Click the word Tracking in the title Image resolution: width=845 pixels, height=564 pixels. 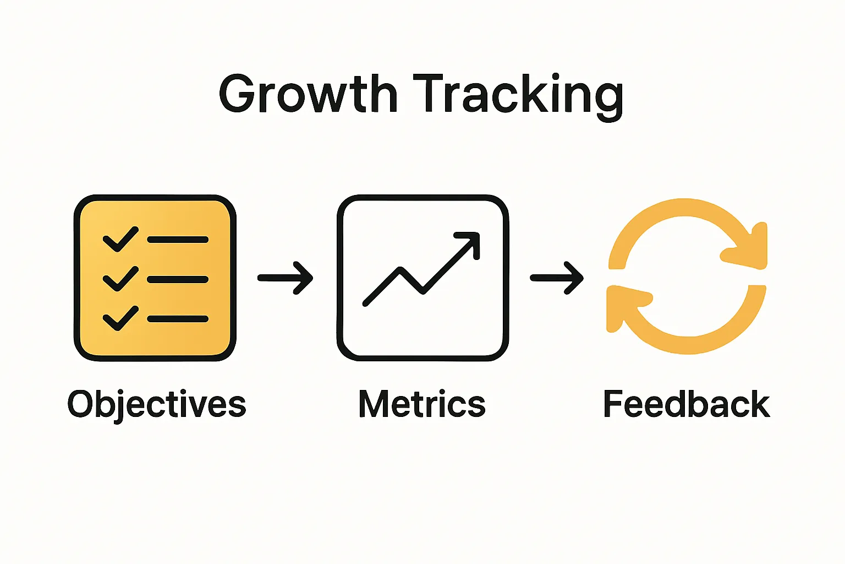(x=518, y=95)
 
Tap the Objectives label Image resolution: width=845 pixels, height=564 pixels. (x=157, y=405)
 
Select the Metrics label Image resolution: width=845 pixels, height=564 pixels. (x=422, y=404)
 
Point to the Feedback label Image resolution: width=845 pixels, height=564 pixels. (x=686, y=404)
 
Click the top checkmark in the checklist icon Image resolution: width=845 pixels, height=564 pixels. (x=120, y=240)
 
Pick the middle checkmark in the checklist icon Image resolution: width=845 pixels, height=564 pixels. (x=120, y=279)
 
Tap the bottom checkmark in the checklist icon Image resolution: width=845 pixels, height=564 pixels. (x=120, y=318)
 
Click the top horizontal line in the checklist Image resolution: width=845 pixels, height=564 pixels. (x=178, y=240)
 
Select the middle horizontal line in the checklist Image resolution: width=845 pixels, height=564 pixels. (x=178, y=279)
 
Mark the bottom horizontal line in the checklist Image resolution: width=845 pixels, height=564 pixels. (x=178, y=319)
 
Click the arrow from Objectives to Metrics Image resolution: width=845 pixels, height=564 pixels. (x=286, y=278)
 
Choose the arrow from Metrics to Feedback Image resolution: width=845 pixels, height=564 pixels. (x=556, y=278)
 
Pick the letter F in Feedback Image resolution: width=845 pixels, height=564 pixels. (x=614, y=404)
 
